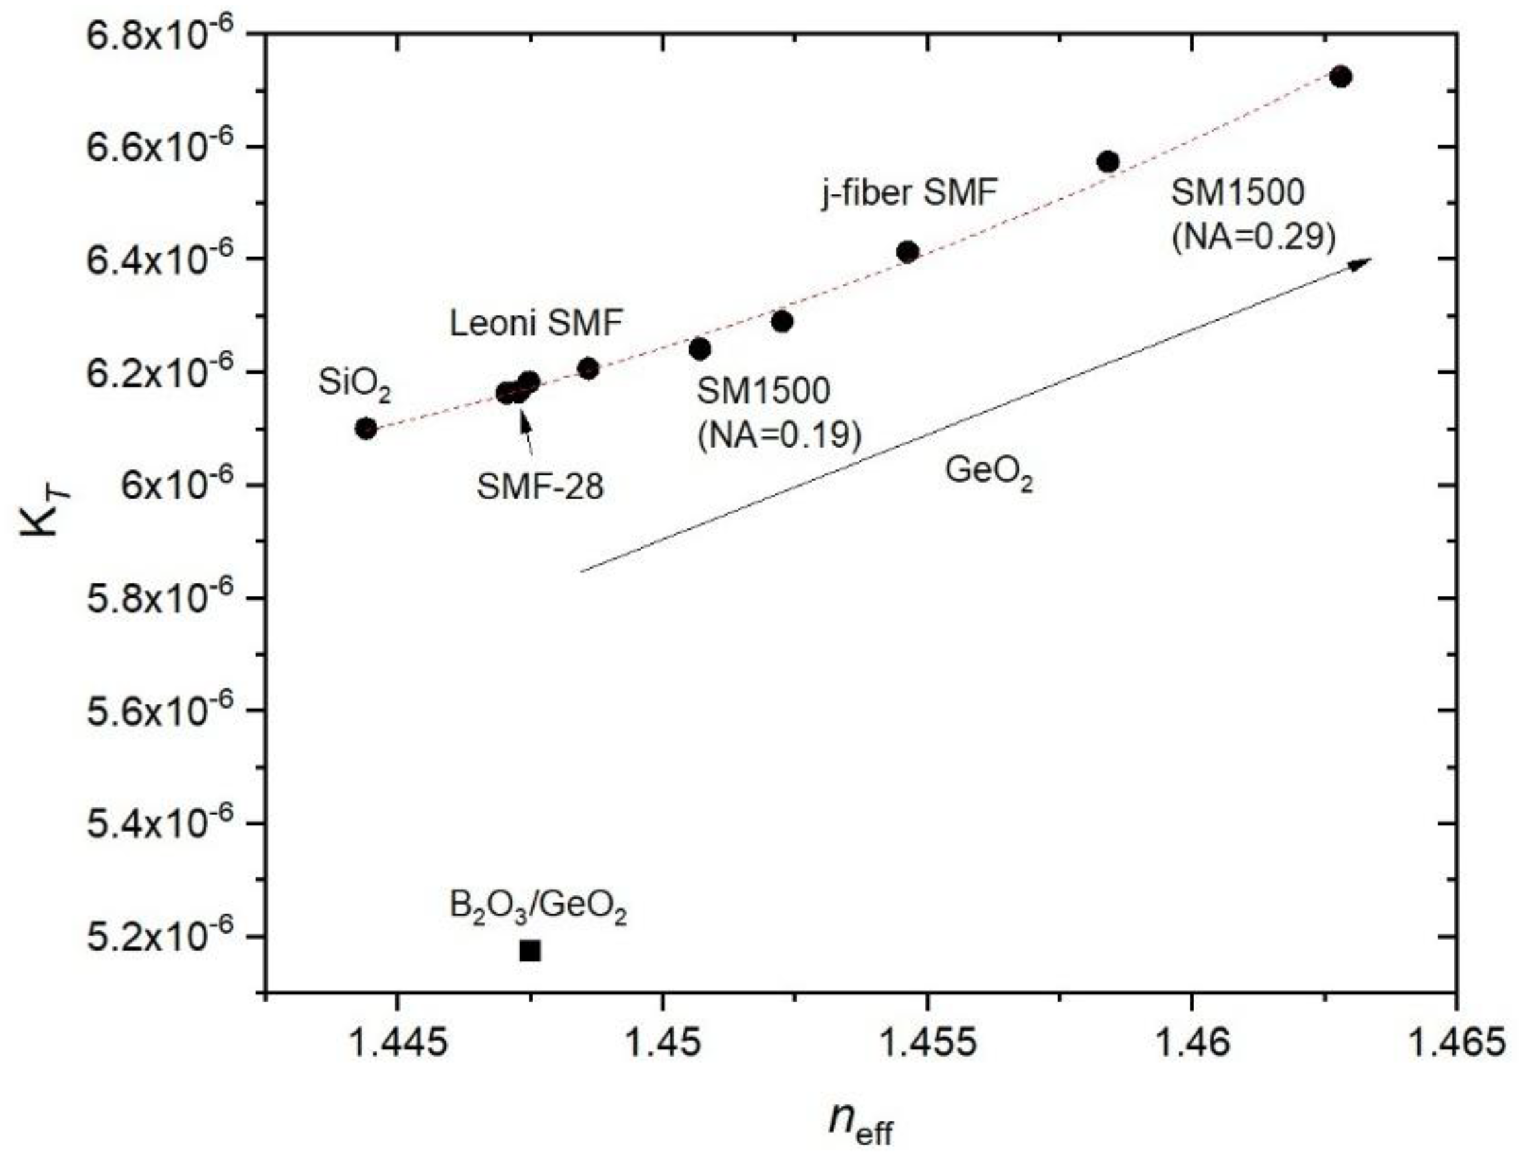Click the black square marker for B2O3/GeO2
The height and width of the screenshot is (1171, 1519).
click(x=530, y=950)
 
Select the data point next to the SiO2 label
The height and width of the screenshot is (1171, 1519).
click(x=366, y=428)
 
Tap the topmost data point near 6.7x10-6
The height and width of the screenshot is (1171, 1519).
click(x=1340, y=77)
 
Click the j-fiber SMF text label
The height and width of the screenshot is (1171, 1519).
click(x=909, y=193)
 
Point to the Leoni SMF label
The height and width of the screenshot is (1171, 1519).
click(x=535, y=323)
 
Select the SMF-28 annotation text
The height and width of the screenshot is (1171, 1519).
click(x=540, y=487)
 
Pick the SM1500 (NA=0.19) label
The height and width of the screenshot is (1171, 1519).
click(x=779, y=413)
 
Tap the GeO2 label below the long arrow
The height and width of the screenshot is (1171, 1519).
click(x=988, y=473)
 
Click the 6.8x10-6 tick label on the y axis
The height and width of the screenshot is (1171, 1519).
click(x=169, y=35)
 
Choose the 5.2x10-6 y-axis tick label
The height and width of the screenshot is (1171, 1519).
click(x=169, y=936)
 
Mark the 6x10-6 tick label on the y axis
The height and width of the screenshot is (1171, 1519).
click(x=187, y=485)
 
